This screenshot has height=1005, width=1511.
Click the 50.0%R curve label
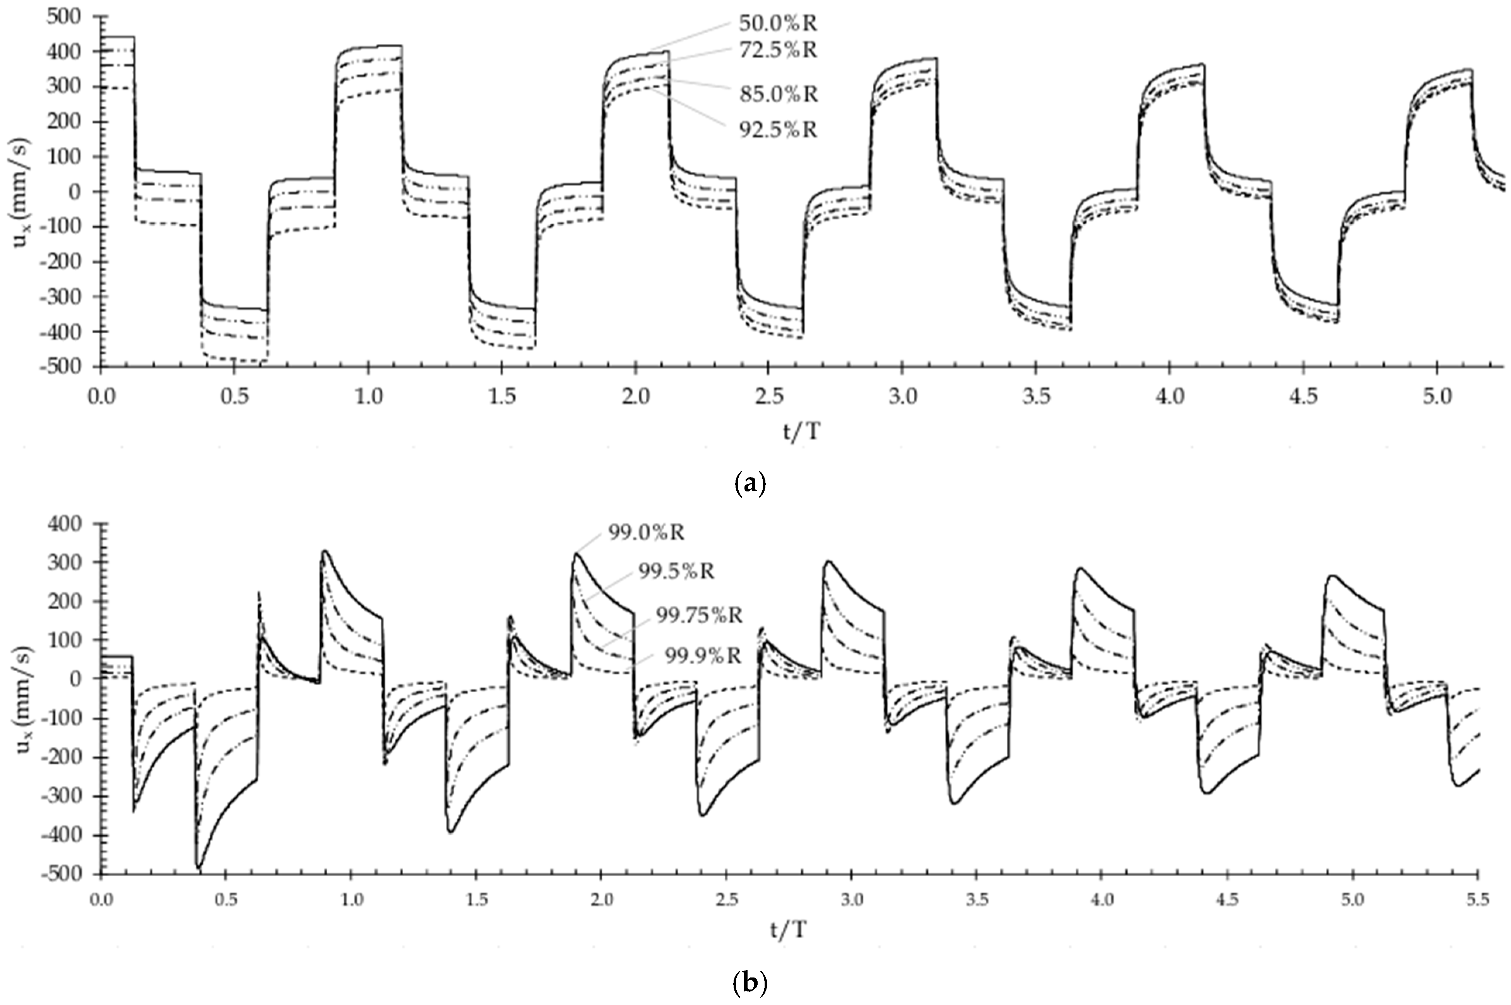(x=778, y=24)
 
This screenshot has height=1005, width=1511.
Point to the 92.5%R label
(x=778, y=130)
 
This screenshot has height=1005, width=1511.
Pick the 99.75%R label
(x=699, y=615)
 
